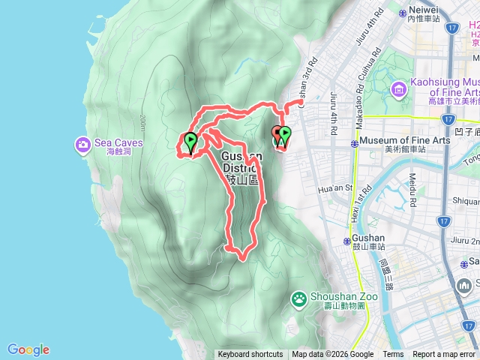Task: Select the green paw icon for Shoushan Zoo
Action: pyautogui.click(x=299, y=298)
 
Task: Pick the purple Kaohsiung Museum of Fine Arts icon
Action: pyautogui.click(x=398, y=91)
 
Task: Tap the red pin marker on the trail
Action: pyautogui.click(x=277, y=135)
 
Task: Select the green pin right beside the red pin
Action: pyautogui.click(x=285, y=136)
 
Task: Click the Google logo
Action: pyautogui.click(x=28, y=349)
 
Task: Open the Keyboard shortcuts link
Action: pyautogui.click(x=250, y=355)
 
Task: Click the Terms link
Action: pyautogui.click(x=393, y=355)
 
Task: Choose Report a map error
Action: pyautogui.click(x=445, y=355)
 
